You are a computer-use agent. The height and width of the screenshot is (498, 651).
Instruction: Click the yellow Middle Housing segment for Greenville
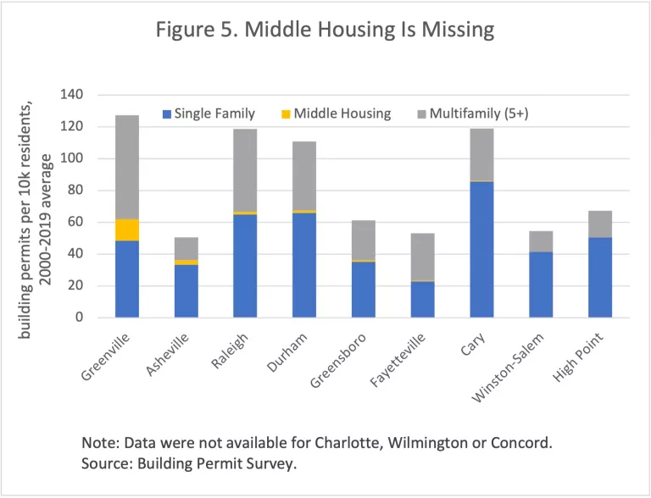139,230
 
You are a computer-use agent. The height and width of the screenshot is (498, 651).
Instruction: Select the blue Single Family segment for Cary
481,250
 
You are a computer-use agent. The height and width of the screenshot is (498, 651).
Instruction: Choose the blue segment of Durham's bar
304,271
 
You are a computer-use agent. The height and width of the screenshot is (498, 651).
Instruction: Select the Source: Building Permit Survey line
190,464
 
